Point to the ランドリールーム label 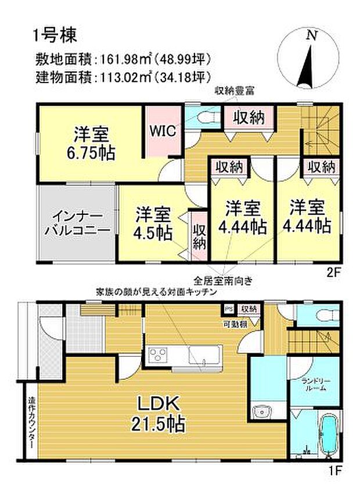click(x=316, y=384)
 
